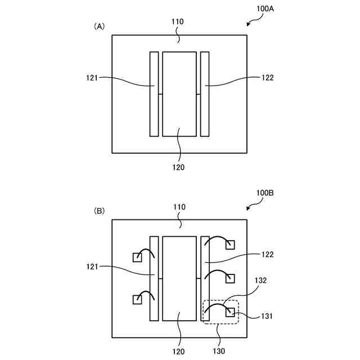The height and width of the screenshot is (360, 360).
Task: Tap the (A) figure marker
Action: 99,26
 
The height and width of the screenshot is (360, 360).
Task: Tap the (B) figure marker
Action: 99,211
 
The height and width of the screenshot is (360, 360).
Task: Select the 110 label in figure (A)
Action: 178,22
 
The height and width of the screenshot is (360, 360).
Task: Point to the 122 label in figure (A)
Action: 267,78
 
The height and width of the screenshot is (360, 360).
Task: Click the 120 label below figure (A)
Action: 178,167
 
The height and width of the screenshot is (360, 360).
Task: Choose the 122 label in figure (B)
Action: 267,254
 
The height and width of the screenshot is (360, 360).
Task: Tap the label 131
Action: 267,317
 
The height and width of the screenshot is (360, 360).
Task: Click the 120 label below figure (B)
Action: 178,352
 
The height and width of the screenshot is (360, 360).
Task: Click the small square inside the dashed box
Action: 229,312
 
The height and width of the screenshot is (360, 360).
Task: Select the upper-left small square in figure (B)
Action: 137,258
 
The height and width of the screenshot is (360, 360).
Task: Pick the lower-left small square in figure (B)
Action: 137,300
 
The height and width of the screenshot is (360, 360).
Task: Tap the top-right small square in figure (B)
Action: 229,244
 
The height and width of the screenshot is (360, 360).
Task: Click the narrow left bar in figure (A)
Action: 154,94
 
